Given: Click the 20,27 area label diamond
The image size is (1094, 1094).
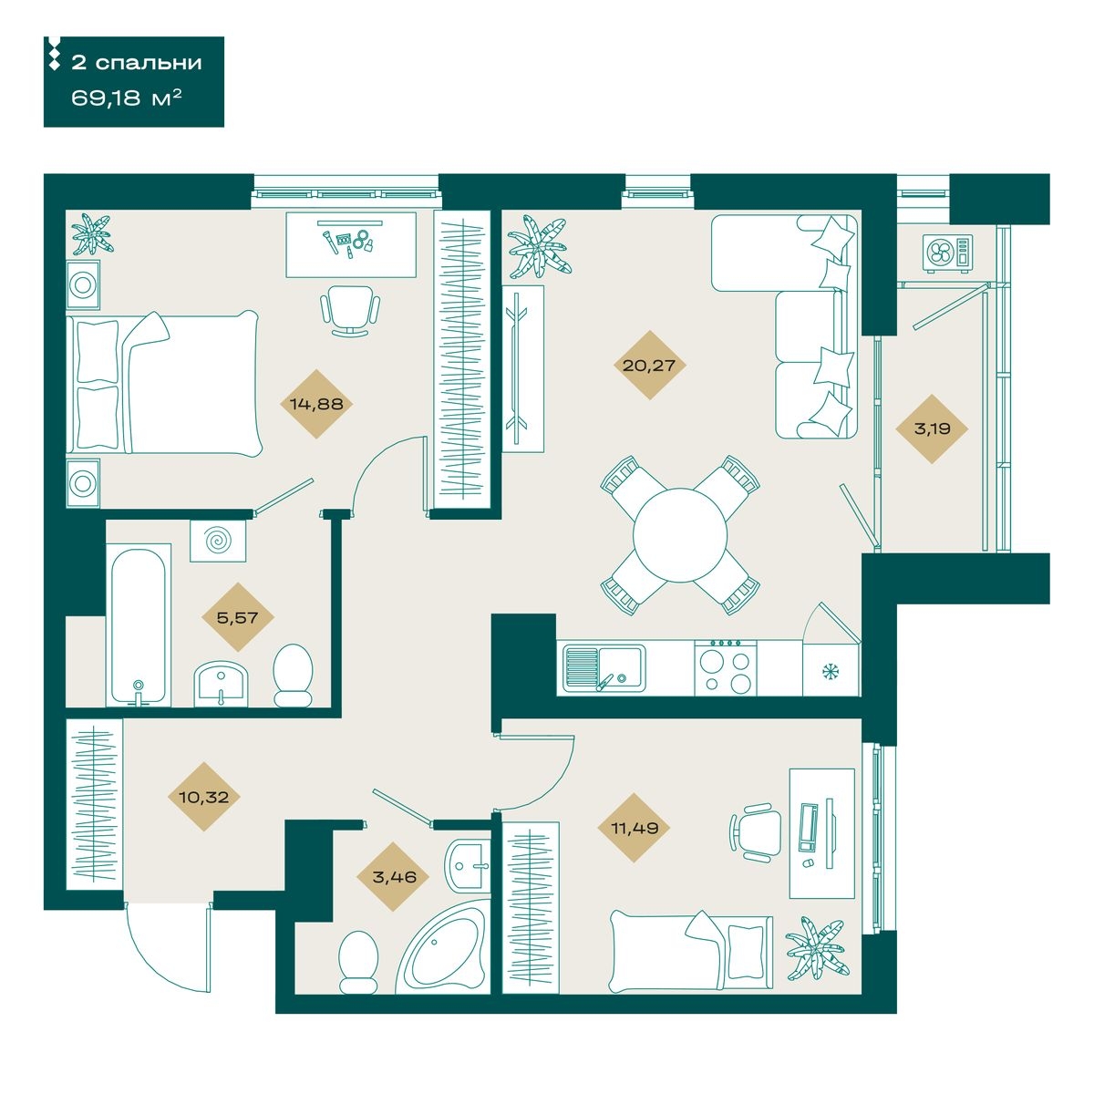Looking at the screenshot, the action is pos(649,365).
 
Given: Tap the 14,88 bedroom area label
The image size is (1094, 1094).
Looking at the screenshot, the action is pos(316,404).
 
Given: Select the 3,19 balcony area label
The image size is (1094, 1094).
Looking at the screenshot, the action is pos(932,428).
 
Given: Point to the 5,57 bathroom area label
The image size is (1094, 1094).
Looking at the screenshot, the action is pos(237,617).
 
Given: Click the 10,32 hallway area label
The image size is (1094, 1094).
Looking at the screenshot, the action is pos(203,797).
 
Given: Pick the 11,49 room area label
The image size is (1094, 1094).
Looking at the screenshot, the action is pos(635,829).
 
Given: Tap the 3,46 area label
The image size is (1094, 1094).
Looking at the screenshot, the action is pos(394,877).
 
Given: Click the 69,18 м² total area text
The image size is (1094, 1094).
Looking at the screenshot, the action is pos(126,98).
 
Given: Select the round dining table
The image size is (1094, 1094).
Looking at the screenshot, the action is pos(680,535).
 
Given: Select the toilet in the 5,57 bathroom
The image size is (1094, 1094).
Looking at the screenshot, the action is pos(293,675).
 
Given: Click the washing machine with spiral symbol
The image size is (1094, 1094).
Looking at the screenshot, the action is pos(218,542).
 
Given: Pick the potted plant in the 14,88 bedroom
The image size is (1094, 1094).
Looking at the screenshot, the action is pos(93,233).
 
